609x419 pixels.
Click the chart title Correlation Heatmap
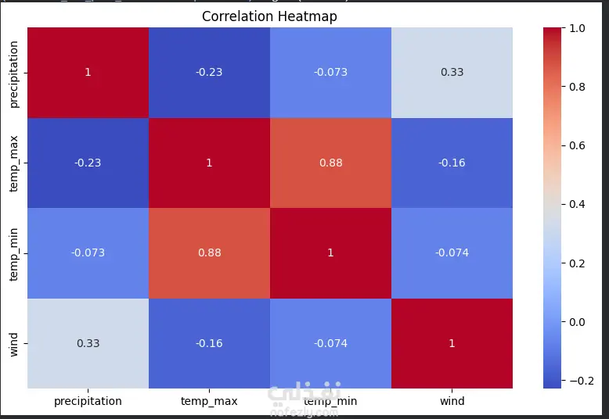click(269, 16)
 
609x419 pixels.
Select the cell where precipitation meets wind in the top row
click(452, 72)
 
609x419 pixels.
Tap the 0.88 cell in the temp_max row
click(330, 163)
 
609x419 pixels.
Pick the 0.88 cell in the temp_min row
click(209, 252)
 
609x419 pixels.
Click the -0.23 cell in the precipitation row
click(209, 72)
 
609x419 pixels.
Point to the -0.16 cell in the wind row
click(209, 343)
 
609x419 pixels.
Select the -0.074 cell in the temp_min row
click(452, 252)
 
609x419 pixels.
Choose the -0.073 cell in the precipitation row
click(330, 72)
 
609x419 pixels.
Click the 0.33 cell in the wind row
click(88, 343)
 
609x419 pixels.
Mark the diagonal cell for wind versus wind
click(452, 343)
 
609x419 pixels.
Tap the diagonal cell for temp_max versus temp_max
click(209, 163)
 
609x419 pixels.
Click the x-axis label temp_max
click(209, 401)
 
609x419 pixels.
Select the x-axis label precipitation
click(88, 401)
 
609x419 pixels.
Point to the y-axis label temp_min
click(14, 252)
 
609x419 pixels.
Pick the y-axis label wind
click(14, 343)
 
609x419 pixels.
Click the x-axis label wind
click(452, 401)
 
